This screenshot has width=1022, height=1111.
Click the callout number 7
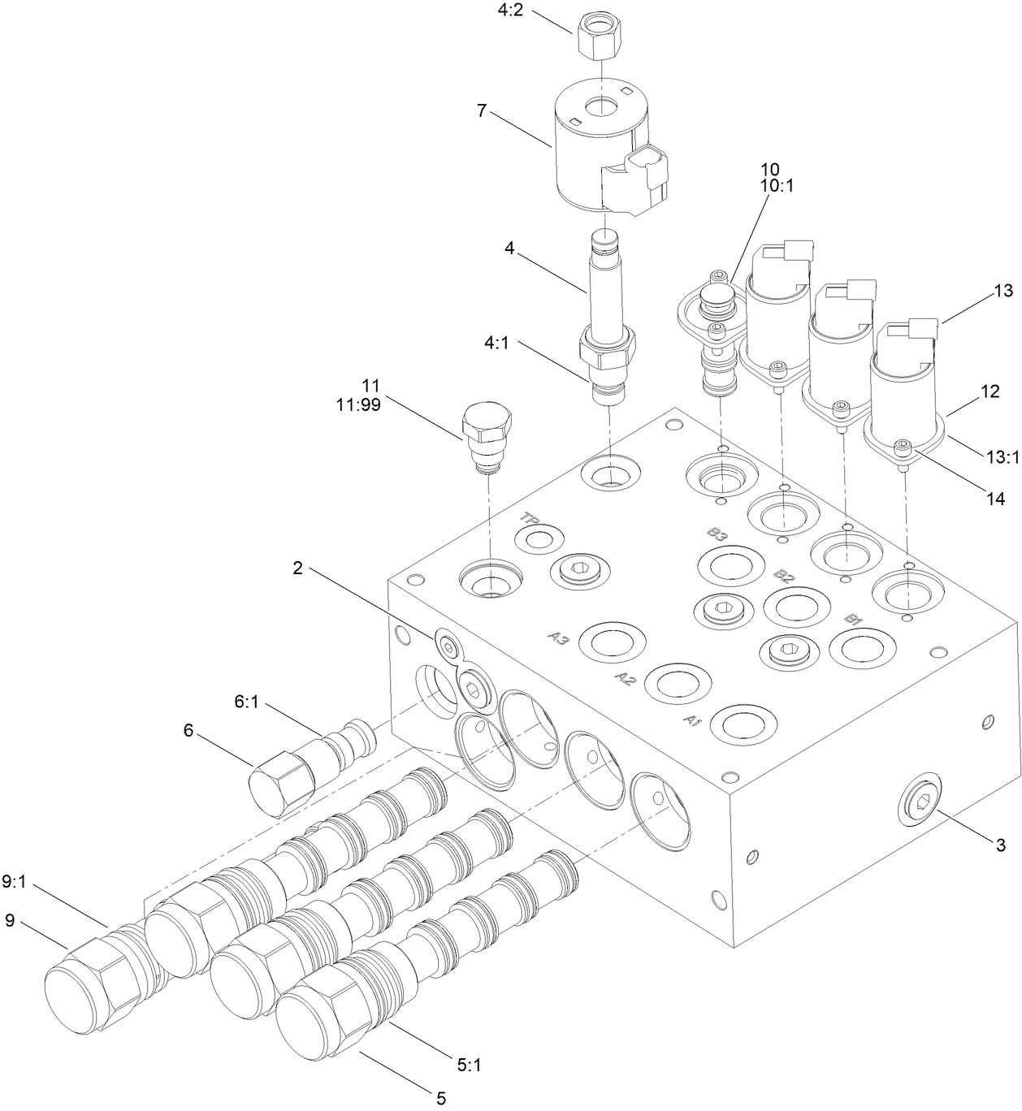482,111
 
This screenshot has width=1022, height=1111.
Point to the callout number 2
298,568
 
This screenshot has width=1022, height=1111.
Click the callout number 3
1000,845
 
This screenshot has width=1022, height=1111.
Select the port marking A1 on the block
692,720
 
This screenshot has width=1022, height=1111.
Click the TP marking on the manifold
531,518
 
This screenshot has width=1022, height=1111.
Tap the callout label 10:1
776,185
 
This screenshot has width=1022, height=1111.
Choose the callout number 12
990,391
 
